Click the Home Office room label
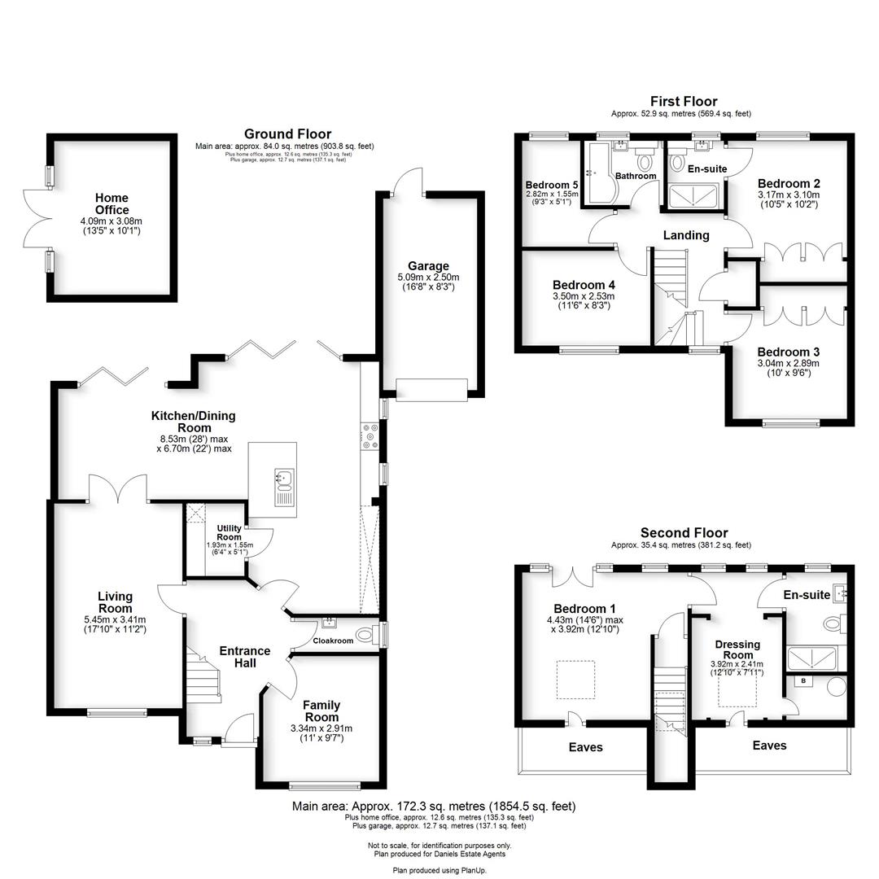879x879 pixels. point(112,203)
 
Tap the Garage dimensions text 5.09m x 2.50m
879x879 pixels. point(428,277)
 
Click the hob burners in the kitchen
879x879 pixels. point(370,435)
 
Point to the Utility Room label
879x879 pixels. point(229,533)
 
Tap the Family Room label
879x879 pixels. point(321,706)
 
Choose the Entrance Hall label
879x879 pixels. point(245,657)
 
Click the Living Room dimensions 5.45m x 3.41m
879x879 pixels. point(115,619)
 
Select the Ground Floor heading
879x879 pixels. point(287,134)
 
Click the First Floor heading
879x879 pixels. point(684,102)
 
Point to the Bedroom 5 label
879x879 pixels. point(551,185)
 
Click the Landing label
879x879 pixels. point(685,235)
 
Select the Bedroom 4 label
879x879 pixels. point(583,285)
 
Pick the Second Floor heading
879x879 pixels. point(684,533)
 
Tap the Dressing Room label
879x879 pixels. point(738,649)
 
